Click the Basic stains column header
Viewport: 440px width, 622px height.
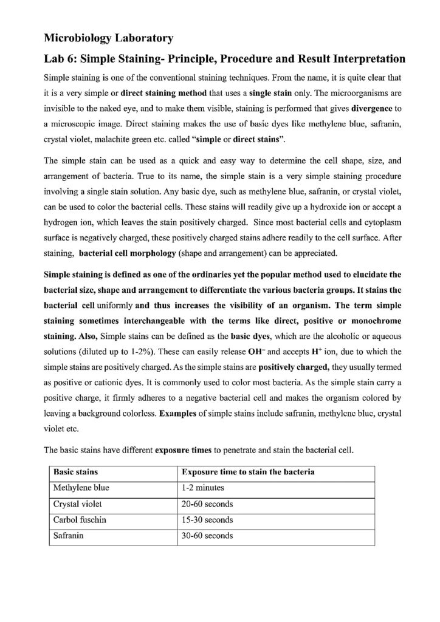click(x=77, y=471)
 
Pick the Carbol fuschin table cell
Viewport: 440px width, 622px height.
click(x=80, y=521)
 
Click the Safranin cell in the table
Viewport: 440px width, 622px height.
click(x=69, y=537)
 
